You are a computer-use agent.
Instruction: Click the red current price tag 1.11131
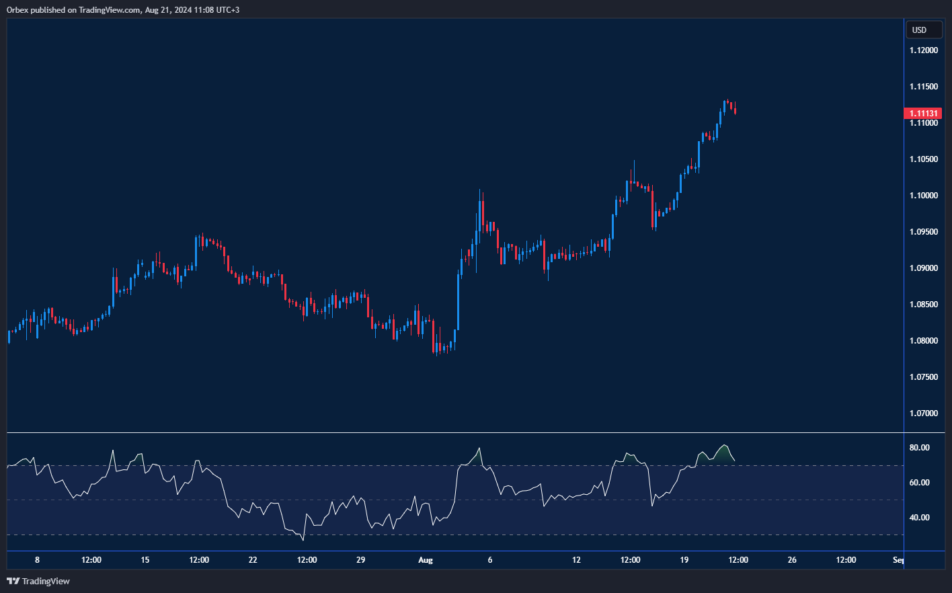pos(924,114)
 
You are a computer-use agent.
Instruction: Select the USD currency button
pos(919,30)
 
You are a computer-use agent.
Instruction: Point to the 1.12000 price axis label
pos(923,50)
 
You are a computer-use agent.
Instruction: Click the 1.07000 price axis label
pos(923,413)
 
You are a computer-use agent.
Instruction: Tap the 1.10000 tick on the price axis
pos(923,196)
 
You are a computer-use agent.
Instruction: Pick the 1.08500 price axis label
pos(923,305)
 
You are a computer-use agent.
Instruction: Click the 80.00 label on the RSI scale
pos(919,448)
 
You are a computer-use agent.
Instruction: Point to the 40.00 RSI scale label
pos(919,518)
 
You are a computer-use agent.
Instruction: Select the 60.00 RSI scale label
pos(919,483)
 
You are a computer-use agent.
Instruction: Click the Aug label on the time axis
pos(425,560)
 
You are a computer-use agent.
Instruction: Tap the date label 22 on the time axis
pos(253,560)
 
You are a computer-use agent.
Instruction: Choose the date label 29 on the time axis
pos(360,560)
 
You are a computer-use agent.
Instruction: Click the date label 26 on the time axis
pos(792,560)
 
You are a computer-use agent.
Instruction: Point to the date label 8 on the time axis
pos(37,560)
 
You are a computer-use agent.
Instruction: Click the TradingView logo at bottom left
pos(38,581)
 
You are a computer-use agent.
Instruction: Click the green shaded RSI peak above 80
pos(723,454)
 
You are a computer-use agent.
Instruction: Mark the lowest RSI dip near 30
pos(303,539)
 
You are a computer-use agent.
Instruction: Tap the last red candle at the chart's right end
pos(736,111)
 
